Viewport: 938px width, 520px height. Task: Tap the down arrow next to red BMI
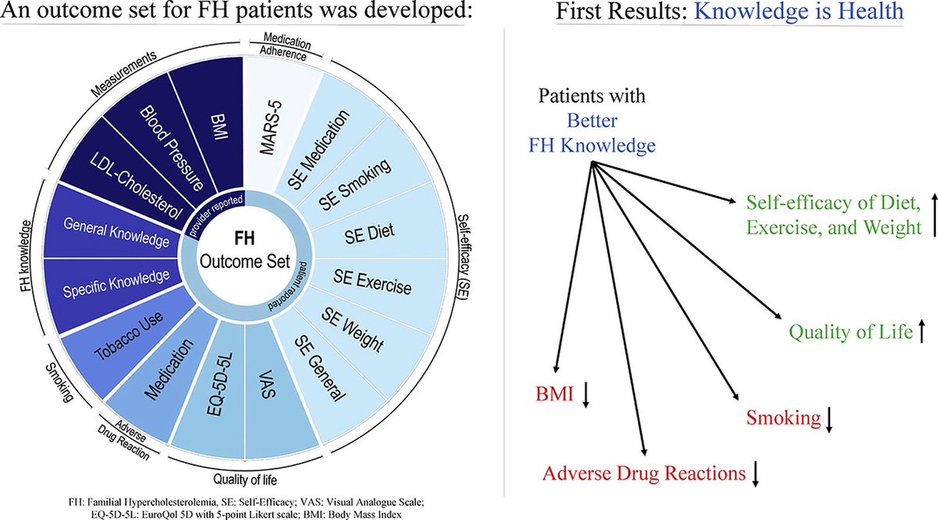(586, 397)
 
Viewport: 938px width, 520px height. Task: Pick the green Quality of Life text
(851, 333)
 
